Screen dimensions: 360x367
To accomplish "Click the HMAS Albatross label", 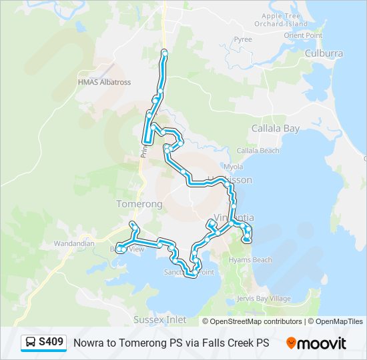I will coord(104,82).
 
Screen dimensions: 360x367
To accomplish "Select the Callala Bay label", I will coord(275,128).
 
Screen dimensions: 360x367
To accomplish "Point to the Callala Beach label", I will coord(258,151).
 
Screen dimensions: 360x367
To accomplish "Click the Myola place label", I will coord(234,167).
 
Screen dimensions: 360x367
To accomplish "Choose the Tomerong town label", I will coord(139,203).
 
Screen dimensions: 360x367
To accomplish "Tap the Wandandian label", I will coord(75,243).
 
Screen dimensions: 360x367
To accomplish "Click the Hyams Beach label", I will coord(250,259).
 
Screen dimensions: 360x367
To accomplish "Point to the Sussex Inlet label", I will coord(159,320).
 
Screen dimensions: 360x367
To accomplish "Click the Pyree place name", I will coord(243,39).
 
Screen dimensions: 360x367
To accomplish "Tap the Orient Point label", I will coord(303,35).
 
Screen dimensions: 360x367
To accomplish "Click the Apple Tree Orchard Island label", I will coord(285,19).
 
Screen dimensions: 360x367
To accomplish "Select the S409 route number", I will coord(51,343).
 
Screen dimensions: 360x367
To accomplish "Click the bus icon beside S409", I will coord(31,343).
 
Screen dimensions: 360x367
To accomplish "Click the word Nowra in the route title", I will coord(88,343).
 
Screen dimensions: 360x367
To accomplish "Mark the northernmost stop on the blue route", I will coord(164,52).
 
